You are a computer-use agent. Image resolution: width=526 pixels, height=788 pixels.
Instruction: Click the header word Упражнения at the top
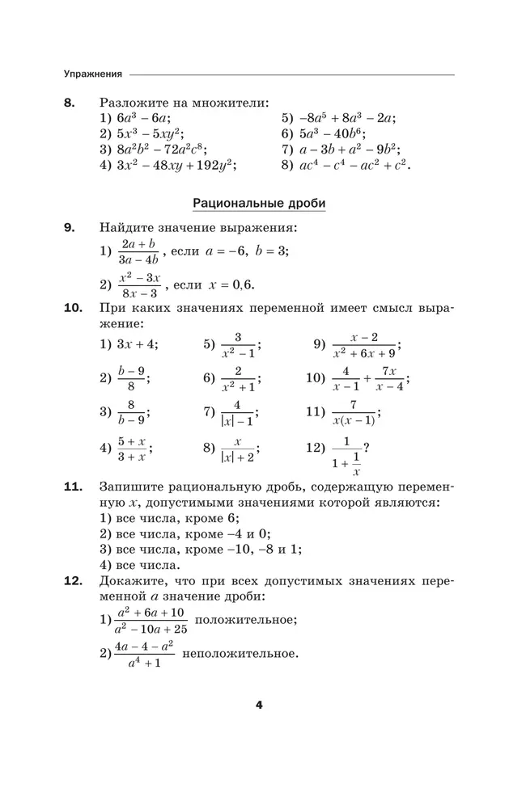(x=93, y=74)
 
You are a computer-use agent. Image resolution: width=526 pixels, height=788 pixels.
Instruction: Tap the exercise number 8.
(x=69, y=103)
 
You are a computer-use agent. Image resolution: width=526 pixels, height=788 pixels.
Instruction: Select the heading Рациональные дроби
(x=259, y=203)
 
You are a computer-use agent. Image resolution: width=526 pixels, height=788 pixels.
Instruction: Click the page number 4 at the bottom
(x=259, y=705)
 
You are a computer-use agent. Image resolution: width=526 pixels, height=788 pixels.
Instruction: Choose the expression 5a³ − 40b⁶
(x=331, y=133)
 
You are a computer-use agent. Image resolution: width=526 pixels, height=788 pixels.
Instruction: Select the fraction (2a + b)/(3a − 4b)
(x=139, y=251)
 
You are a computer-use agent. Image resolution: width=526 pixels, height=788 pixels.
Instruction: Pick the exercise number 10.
(x=72, y=308)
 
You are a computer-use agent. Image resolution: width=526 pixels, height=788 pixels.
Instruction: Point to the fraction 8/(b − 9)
(x=130, y=411)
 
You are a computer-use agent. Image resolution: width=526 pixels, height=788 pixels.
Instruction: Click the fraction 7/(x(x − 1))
(x=353, y=412)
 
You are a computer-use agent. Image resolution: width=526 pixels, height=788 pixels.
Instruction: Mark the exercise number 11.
(x=72, y=487)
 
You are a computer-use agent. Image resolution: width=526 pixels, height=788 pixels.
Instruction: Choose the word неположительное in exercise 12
(x=241, y=653)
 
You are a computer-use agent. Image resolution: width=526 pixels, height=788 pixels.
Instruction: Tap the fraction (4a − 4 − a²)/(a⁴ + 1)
(x=144, y=653)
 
